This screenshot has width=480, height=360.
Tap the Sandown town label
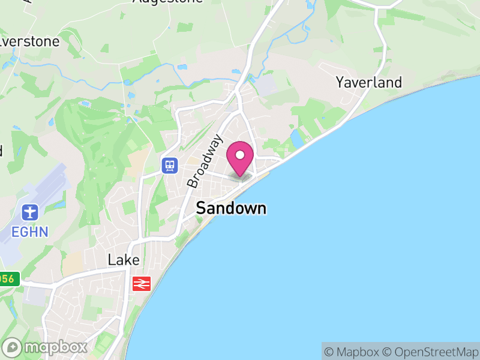click(x=231, y=209)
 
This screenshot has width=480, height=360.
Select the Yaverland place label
click(x=368, y=82)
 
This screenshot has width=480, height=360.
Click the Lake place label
click(x=124, y=260)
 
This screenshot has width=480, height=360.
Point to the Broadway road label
click(x=205, y=161)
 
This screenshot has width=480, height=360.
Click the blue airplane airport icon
click(x=29, y=212)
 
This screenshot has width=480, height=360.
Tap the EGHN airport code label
click(x=29, y=230)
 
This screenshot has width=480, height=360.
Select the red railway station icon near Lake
click(x=142, y=283)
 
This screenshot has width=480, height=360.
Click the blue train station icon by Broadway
click(x=170, y=165)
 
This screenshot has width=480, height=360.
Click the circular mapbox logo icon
click(x=13, y=347)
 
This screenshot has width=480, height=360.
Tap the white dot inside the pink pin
click(x=240, y=155)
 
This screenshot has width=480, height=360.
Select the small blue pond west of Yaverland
click(x=296, y=139)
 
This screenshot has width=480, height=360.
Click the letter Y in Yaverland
click(x=340, y=82)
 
